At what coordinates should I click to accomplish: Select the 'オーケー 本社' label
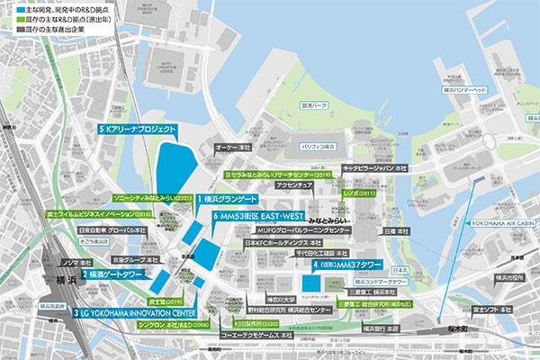pos(232,146)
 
